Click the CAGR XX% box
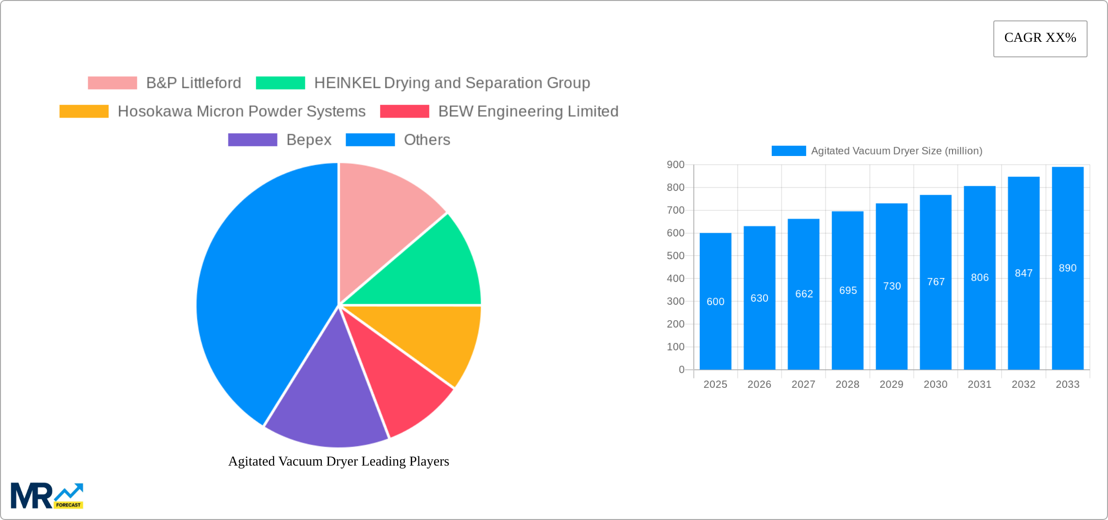pos(1040,38)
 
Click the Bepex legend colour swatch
pos(253,140)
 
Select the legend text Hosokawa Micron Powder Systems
pos(242,111)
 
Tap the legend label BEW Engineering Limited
pos(528,111)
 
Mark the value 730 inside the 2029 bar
pos(892,286)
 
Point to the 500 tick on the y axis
pos(675,256)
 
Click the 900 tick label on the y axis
pos(675,165)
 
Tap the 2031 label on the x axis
pos(979,384)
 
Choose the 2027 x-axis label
pos(803,384)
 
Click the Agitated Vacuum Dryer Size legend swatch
pos(788,151)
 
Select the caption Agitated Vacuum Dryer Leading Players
pos(339,461)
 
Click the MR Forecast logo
pos(47,496)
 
